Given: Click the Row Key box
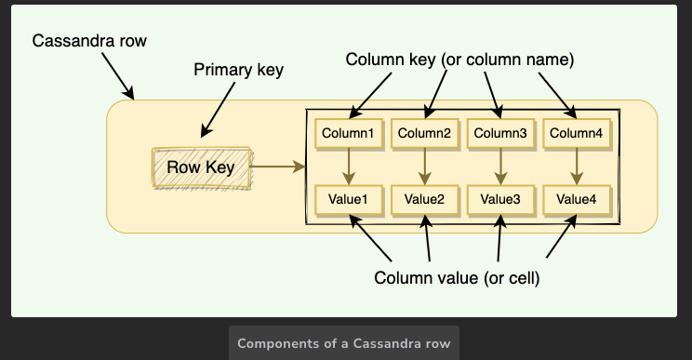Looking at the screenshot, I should tap(201, 167).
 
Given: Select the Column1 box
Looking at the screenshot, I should tap(347, 133).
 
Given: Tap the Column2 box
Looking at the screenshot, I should tap(424, 133).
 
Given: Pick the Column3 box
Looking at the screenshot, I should tap(499, 133).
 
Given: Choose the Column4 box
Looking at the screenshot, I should tap(575, 133).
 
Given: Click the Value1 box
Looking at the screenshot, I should tap(347, 198).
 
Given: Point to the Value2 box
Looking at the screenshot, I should tap(424, 198).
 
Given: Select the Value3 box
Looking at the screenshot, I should tap(499, 198).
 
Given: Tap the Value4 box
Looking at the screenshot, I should tap(575, 198).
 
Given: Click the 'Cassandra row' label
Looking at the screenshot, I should tap(89, 42).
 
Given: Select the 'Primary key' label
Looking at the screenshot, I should tap(238, 71).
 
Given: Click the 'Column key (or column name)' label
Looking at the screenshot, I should tap(460, 60).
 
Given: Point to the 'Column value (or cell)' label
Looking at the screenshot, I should tap(457, 278).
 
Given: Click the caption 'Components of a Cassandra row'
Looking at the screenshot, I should tap(344, 343).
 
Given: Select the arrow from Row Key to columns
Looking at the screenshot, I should tap(279, 167).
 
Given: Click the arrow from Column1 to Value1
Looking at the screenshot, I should tap(347, 166).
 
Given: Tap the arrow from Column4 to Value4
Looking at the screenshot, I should tap(575, 166).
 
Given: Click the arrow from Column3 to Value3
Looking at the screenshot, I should tap(499, 166).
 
